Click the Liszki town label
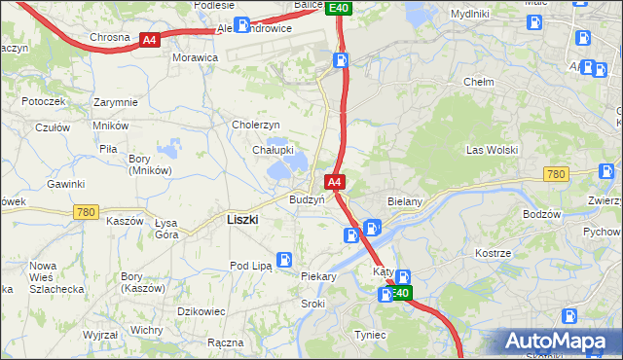[241, 220]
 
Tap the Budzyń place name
[306, 199]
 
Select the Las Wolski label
[492, 150]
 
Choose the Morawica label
[195, 57]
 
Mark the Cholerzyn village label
[255, 125]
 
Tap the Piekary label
[318, 276]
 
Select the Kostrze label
[493, 253]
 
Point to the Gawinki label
[65, 184]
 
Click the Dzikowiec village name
[202, 311]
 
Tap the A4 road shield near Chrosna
[149, 40]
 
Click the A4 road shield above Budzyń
[334, 182]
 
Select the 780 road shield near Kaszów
[86, 211]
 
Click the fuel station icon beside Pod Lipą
[284, 260]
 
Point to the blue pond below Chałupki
[286, 171]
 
